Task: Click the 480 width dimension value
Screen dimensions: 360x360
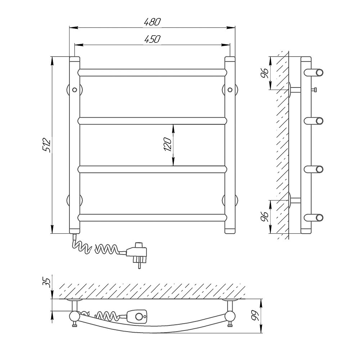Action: click(x=152, y=22)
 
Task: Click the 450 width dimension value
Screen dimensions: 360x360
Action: click(x=152, y=39)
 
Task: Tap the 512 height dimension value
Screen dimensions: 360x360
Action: click(x=46, y=145)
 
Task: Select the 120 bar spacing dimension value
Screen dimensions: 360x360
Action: click(x=168, y=144)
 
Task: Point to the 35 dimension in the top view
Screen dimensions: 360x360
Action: click(x=46, y=282)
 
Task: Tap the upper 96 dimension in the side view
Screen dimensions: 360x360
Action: click(x=265, y=73)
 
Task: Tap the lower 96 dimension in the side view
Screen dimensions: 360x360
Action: click(x=265, y=216)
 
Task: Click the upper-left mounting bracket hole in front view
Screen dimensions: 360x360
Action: click(x=75, y=90)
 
